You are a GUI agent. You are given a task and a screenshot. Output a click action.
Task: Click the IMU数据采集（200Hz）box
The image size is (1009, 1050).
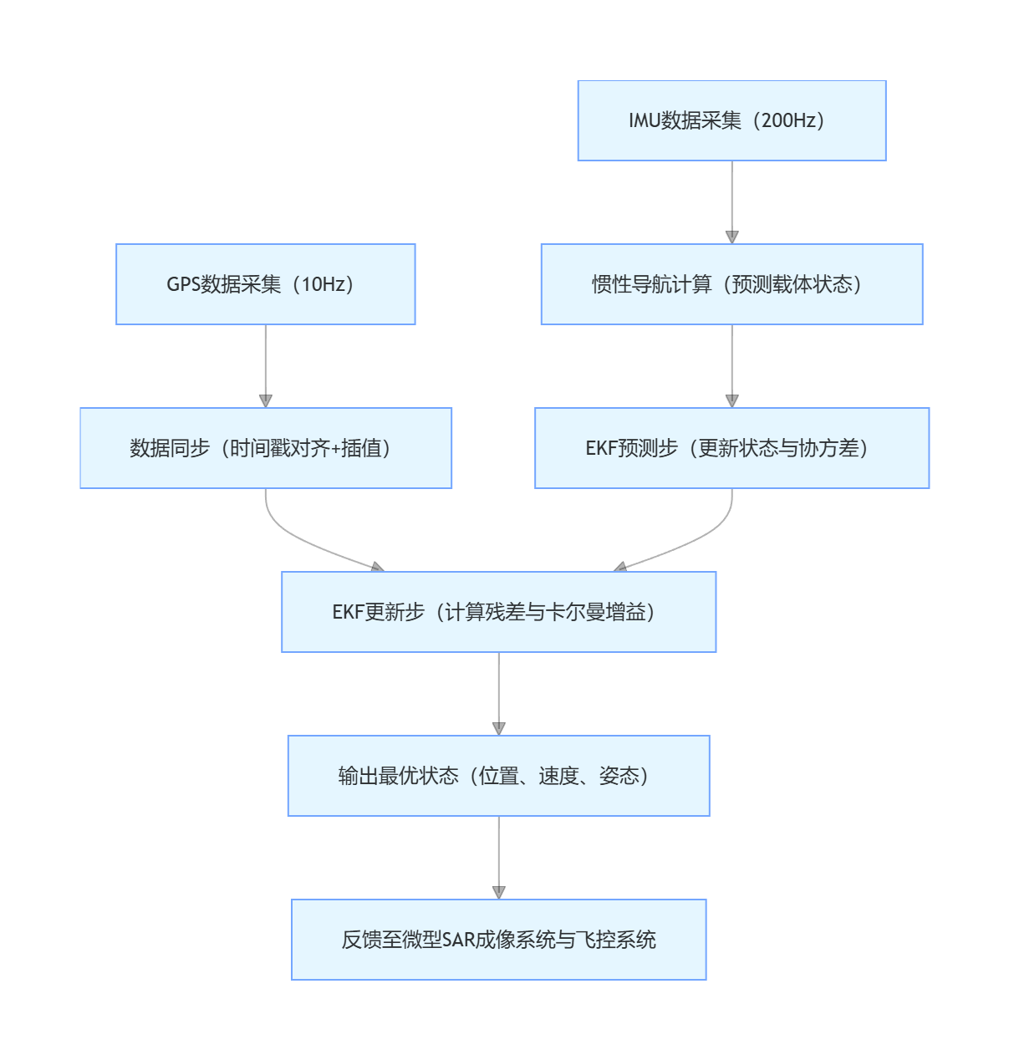pos(731,120)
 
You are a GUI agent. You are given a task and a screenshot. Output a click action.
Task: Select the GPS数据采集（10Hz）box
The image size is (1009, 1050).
pos(265,284)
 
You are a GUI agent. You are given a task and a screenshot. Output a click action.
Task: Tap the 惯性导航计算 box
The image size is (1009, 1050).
pos(731,284)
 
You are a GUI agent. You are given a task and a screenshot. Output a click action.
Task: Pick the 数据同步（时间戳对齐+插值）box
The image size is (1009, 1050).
pos(265,448)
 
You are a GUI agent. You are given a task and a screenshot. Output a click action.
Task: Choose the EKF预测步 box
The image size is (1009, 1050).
pos(731,448)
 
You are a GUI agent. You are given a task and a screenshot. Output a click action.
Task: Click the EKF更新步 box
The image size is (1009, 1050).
pos(498,612)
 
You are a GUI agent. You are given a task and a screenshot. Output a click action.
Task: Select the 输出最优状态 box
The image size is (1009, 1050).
pos(498,776)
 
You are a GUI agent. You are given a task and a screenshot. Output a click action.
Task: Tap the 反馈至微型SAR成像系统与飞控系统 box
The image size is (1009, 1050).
pos(498,940)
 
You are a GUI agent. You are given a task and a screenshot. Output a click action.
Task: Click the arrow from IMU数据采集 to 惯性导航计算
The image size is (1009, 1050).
pos(732,201)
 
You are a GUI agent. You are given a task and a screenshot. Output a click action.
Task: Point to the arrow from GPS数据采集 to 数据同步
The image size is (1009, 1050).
pos(266,364)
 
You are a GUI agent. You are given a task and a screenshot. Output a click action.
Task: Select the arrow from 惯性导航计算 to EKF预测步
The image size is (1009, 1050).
pos(732,364)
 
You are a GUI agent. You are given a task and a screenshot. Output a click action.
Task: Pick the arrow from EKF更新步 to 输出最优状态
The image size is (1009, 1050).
pos(499,692)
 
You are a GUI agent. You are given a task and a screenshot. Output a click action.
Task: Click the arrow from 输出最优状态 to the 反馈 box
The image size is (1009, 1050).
pos(499,856)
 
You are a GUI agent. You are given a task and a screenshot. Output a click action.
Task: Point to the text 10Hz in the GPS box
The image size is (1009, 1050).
pos(323,284)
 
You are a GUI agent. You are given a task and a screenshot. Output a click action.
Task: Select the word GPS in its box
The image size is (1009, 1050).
pos(183,284)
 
